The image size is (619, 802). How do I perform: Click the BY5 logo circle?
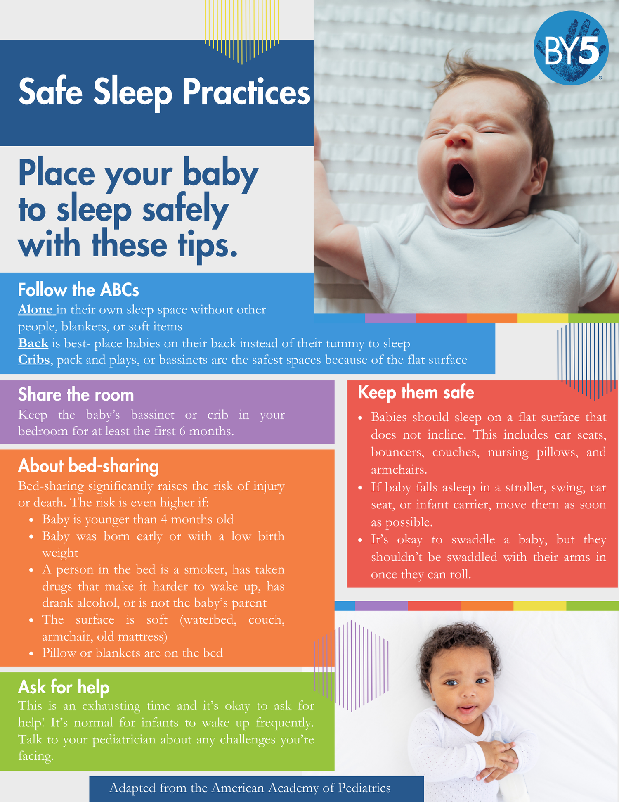571,48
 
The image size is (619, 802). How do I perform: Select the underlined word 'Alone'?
35,310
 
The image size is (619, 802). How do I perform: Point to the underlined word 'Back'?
33,343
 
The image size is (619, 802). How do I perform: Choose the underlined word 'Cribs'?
34,360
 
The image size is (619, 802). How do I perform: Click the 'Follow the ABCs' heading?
78,290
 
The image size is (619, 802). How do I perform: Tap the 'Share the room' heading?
76,395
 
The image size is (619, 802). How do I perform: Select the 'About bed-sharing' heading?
88,466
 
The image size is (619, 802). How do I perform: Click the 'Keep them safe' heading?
416,392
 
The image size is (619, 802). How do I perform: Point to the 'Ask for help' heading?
64,687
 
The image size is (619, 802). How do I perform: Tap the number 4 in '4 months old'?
164,519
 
